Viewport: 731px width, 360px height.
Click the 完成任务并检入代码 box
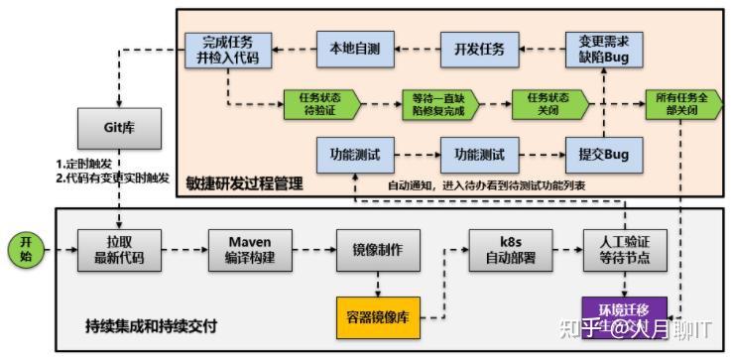[226, 49]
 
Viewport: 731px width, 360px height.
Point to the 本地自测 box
[354, 49]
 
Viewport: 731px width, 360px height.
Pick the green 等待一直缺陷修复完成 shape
[439, 103]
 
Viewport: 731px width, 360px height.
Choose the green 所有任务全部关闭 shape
[683, 103]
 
